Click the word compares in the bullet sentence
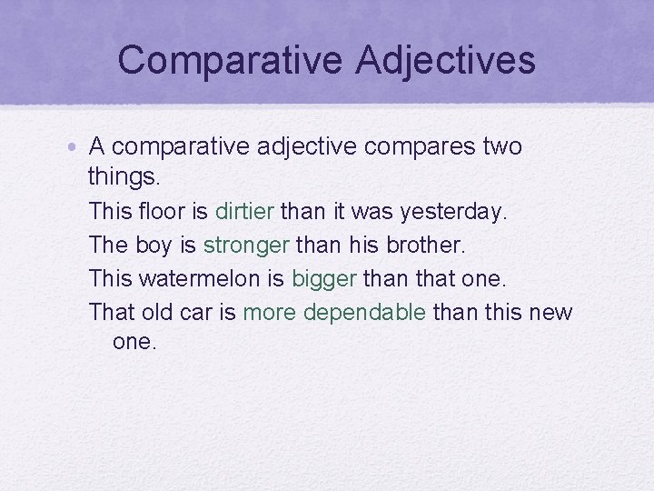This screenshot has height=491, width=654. pyautogui.click(x=411, y=146)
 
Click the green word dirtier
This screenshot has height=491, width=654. pyautogui.click(x=244, y=212)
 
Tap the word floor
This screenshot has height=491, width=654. pyautogui.click(x=164, y=212)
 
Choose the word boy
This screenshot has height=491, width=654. pyautogui.click(x=152, y=245)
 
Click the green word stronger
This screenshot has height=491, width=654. pyautogui.click(x=247, y=245)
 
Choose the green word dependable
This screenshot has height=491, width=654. pyautogui.click(x=364, y=313)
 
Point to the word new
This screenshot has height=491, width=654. pyautogui.click(x=553, y=313)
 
